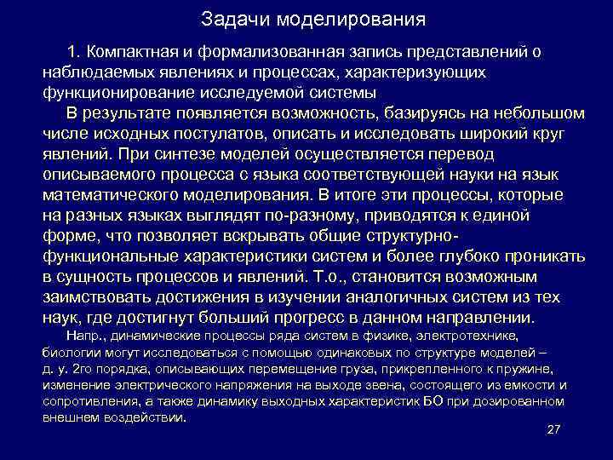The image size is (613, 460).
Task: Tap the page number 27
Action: (553, 431)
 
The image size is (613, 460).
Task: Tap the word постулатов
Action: (223, 133)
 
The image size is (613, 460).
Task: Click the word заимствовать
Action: (95, 296)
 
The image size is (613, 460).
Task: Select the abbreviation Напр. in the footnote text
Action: (82, 337)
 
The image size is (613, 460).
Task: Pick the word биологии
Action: (67, 352)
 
